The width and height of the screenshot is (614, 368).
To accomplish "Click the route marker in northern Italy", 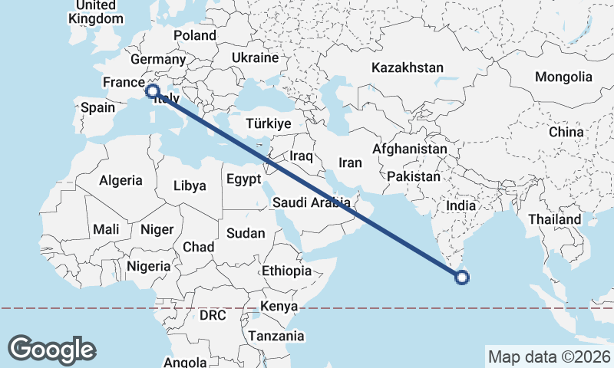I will [x=153, y=90].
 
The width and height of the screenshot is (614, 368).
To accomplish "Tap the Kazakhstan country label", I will [x=407, y=67].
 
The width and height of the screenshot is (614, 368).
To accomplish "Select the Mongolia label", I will [x=563, y=77].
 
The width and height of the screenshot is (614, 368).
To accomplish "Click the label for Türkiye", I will [x=268, y=123].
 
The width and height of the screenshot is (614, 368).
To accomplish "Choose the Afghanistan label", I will [x=410, y=149].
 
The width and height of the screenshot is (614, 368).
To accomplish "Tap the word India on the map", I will [x=460, y=205].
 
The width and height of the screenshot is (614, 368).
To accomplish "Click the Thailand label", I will [x=554, y=219].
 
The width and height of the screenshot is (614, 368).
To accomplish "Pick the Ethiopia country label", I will [x=286, y=271].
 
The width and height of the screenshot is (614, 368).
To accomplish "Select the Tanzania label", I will [x=276, y=336].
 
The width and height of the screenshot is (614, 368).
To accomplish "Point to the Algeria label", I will [x=120, y=180].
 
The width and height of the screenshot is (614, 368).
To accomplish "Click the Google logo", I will [x=51, y=349].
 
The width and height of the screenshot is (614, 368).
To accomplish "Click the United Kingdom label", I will [x=95, y=12].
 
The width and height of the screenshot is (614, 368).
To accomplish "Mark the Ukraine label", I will [x=254, y=58].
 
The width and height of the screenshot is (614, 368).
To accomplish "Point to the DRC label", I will [x=214, y=315].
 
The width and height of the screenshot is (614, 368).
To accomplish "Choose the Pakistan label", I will [x=414, y=176].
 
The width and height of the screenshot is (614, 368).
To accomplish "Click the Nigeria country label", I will [x=148, y=266].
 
